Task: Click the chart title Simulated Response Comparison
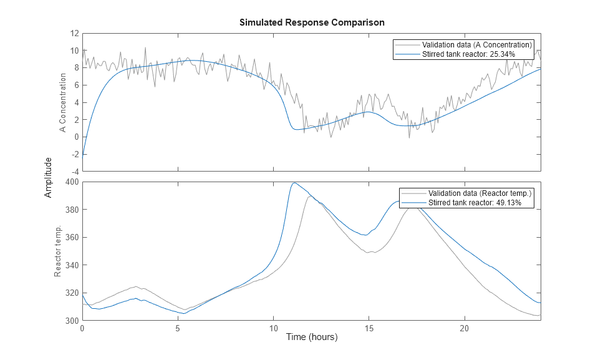pos(312,22)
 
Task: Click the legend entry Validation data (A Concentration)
pos(476,45)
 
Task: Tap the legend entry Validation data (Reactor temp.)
pos(479,193)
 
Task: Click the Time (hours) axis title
pos(312,337)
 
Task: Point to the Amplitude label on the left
pos(48,178)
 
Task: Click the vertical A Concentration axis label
pos(62,103)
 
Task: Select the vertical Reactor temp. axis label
pos(57,252)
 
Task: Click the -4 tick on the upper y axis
pos(74,171)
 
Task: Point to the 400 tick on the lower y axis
pos(71,182)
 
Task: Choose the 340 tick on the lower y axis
pos(71,265)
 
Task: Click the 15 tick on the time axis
pos(369,328)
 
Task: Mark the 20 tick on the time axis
pos(464,328)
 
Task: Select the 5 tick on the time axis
pos(178,328)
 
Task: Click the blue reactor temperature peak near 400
pos(294,183)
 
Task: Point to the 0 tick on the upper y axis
pos(75,137)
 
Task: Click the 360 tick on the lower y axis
pos(71,238)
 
